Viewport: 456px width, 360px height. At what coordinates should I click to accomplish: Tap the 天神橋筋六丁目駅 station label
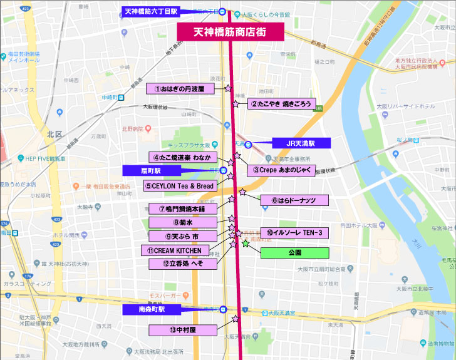click(151, 11)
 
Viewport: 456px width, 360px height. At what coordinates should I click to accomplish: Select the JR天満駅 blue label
click(300, 143)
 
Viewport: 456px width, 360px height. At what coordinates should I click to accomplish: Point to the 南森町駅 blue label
click(152, 309)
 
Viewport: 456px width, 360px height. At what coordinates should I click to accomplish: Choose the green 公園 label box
click(294, 253)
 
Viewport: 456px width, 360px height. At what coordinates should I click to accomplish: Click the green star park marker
click(245, 243)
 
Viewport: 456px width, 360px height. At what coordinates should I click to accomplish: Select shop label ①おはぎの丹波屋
click(180, 89)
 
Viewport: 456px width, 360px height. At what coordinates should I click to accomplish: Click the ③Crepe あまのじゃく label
click(281, 170)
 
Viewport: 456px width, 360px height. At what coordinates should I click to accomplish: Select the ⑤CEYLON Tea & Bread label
click(180, 186)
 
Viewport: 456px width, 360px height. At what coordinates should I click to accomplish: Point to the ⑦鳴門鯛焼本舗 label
click(183, 208)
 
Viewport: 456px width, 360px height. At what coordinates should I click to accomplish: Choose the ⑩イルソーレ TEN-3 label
click(294, 233)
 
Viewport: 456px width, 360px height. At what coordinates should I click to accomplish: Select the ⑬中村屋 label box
click(183, 329)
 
